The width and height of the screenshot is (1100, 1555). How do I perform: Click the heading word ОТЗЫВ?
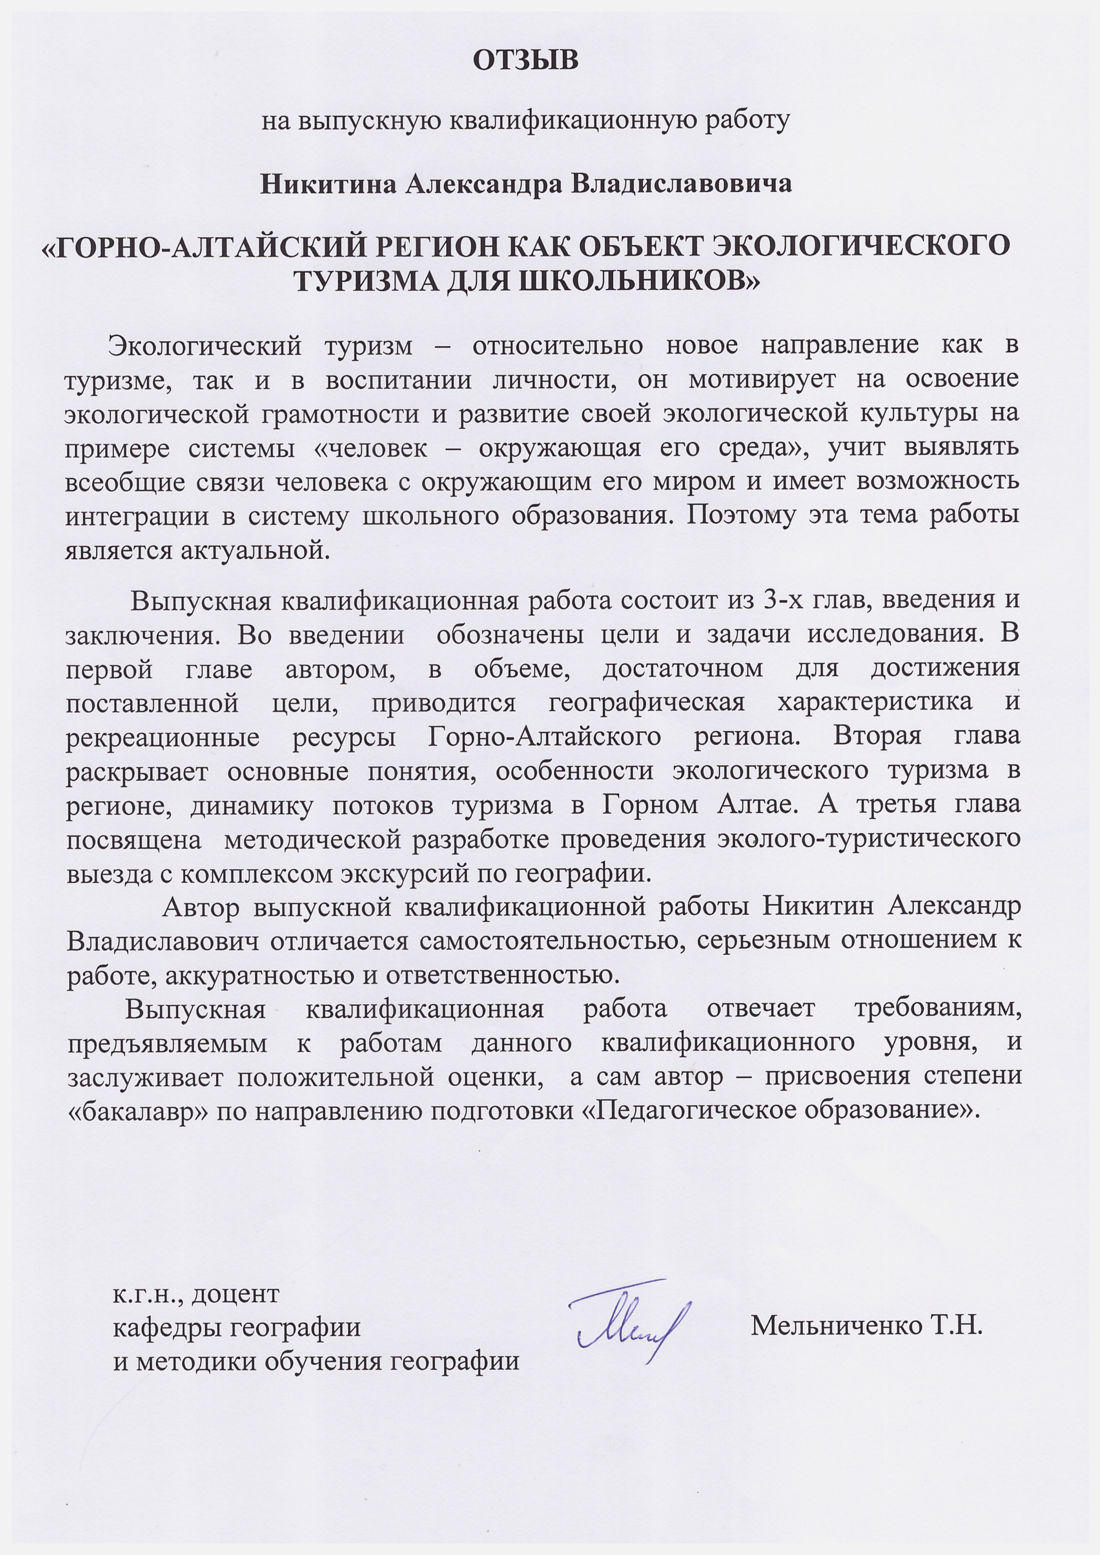[x=525, y=61]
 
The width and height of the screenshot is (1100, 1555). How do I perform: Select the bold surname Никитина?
[x=328, y=184]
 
